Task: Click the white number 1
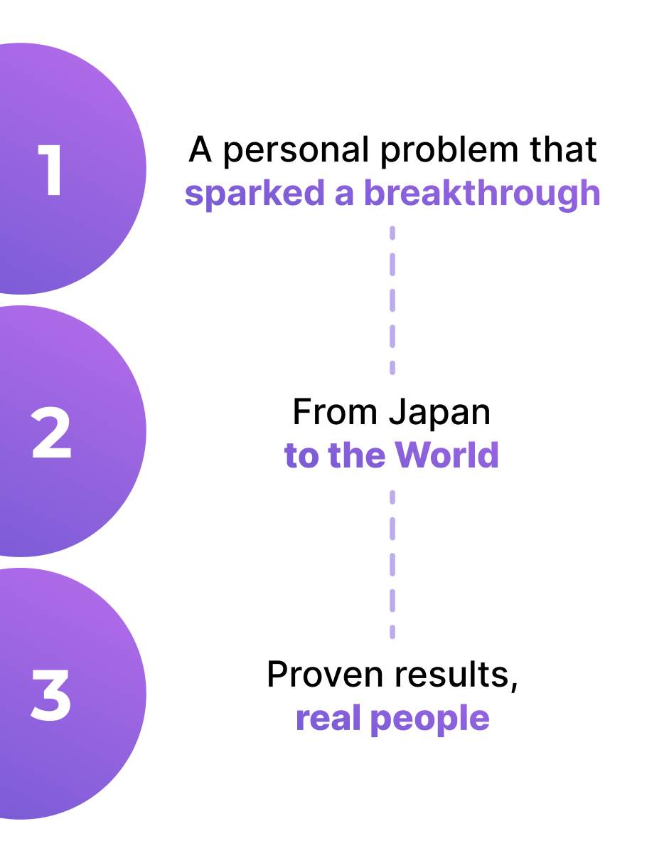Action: click(x=51, y=170)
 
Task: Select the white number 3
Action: click(x=51, y=694)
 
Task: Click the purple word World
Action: click(x=447, y=455)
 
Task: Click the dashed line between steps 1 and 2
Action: click(x=392, y=300)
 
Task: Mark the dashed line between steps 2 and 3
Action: click(x=392, y=563)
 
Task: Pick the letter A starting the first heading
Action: click(x=200, y=151)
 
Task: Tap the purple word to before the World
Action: click(x=301, y=456)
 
